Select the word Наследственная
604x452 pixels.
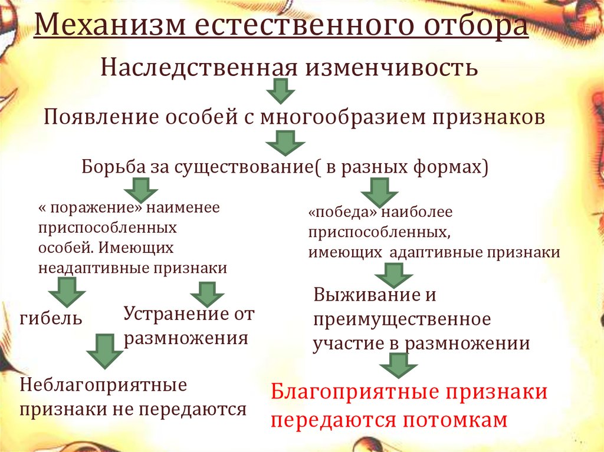[198, 67]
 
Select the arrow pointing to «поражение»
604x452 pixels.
[140, 191]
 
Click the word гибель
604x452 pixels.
[51, 319]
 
